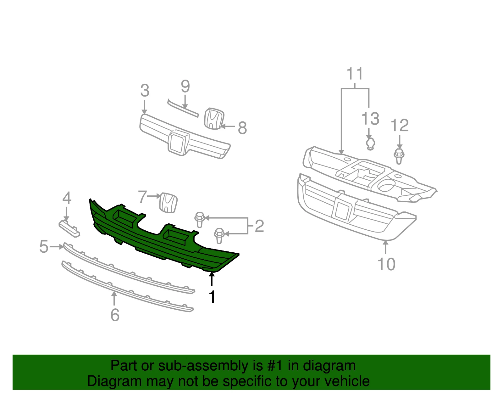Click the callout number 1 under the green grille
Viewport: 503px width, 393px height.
pyautogui.click(x=212, y=297)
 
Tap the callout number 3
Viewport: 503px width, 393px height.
pyautogui.click(x=145, y=91)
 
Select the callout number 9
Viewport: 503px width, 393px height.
pyautogui.click(x=185, y=86)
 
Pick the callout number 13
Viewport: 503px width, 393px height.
pyautogui.click(x=370, y=118)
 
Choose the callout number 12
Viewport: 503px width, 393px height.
pyautogui.click(x=400, y=125)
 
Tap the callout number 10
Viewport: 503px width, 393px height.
pyautogui.click(x=386, y=264)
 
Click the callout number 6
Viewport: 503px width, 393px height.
pyautogui.click(x=115, y=315)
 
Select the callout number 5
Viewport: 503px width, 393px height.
pyautogui.click(x=44, y=246)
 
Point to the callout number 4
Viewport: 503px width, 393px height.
pyautogui.click(x=67, y=198)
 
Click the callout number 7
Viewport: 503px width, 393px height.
pyautogui.click(x=142, y=197)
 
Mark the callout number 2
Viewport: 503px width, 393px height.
pyautogui.click(x=259, y=226)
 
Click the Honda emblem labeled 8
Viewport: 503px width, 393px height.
pyautogui.click(x=214, y=118)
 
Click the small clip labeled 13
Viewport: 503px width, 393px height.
pyautogui.click(x=370, y=144)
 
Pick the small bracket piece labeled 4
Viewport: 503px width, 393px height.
pyautogui.click(x=69, y=228)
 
